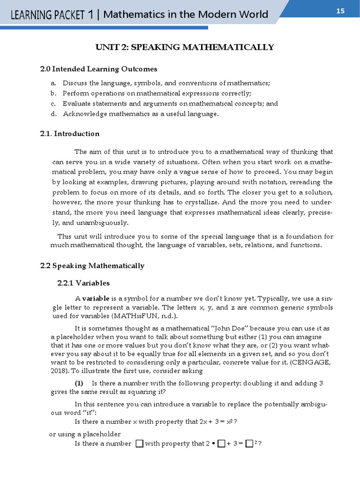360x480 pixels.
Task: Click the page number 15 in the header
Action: [340, 11]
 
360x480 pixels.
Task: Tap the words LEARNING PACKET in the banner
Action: [48, 15]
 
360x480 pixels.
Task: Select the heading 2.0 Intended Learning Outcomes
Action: [98, 69]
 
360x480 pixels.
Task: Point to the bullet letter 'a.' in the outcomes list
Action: [53, 83]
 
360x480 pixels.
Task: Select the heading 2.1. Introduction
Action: [70, 134]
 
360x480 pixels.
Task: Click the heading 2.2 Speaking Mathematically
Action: [92, 266]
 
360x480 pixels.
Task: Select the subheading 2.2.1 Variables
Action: [83, 283]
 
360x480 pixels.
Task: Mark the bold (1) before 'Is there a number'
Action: [80, 383]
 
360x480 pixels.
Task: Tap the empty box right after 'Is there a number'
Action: [139, 443]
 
